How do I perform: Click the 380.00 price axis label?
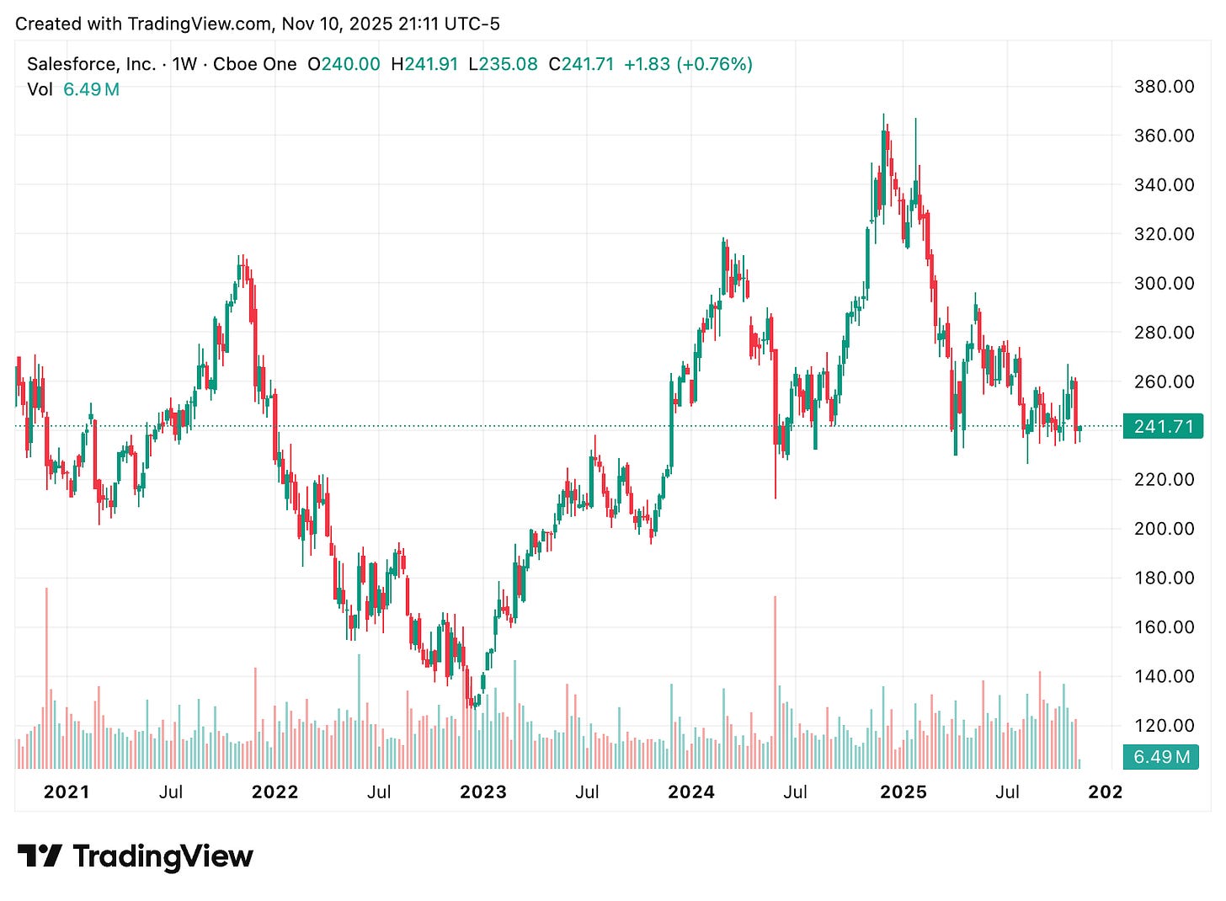(x=1164, y=86)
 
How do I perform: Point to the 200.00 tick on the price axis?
(x=1164, y=529)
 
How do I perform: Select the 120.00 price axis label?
(x=1164, y=725)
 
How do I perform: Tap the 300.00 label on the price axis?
(x=1164, y=283)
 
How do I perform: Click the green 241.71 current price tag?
(x=1163, y=426)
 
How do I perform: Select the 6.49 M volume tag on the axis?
(x=1161, y=756)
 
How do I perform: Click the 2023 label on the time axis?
(x=483, y=792)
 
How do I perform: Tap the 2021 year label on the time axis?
(x=67, y=792)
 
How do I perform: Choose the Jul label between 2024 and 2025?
(x=795, y=792)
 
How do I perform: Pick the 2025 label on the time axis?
(x=903, y=792)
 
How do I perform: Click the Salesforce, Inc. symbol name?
(x=91, y=64)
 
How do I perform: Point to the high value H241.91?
(x=424, y=64)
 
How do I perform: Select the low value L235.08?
(x=503, y=64)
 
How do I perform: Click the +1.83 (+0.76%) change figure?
(x=688, y=64)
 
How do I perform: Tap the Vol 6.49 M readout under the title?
(x=73, y=89)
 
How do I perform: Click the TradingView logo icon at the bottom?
(x=39, y=856)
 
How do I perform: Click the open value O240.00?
(x=344, y=64)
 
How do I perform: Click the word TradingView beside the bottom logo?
(x=163, y=856)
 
